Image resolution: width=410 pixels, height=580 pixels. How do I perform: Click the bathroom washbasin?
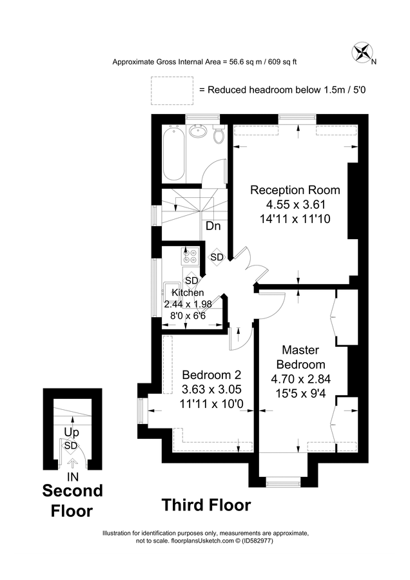(199, 132)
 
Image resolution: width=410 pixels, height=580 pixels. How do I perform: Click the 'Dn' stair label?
(213, 226)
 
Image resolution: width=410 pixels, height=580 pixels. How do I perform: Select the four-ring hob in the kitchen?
(190, 256)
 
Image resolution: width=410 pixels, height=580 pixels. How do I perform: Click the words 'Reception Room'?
(295, 190)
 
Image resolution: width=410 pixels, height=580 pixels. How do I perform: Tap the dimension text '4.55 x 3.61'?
(295, 204)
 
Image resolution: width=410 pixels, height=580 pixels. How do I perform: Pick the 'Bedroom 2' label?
(211, 375)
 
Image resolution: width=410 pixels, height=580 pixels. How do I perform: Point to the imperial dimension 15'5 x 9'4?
(300, 391)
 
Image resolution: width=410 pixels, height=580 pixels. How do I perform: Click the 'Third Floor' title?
(206, 505)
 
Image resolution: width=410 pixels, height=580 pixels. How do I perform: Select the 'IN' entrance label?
(73, 477)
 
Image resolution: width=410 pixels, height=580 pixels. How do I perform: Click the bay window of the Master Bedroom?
(282, 480)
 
